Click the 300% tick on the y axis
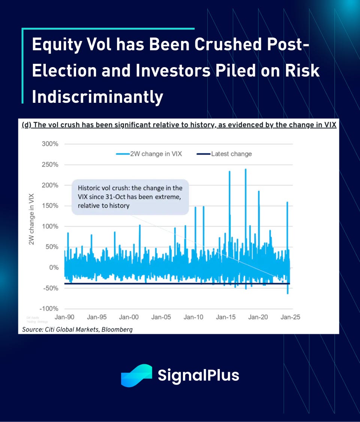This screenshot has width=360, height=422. [x=50, y=144]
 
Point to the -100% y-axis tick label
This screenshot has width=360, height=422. [x=49, y=309]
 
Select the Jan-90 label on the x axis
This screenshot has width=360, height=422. [x=64, y=317]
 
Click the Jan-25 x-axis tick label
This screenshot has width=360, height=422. [x=291, y=317]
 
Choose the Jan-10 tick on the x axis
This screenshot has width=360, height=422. [x=193, y=317]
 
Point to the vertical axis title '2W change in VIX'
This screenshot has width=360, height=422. [x=31, y=219]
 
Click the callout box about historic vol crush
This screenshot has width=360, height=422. [x=130, y=197]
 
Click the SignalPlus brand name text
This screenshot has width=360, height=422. [x=198, y=375]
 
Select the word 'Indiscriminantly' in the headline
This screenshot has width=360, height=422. [x=97, y=97]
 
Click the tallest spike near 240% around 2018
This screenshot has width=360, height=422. [x=246, y=170]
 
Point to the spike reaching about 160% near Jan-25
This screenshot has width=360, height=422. [x=287, y=203]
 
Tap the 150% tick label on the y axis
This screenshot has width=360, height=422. [x=50, y=206]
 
